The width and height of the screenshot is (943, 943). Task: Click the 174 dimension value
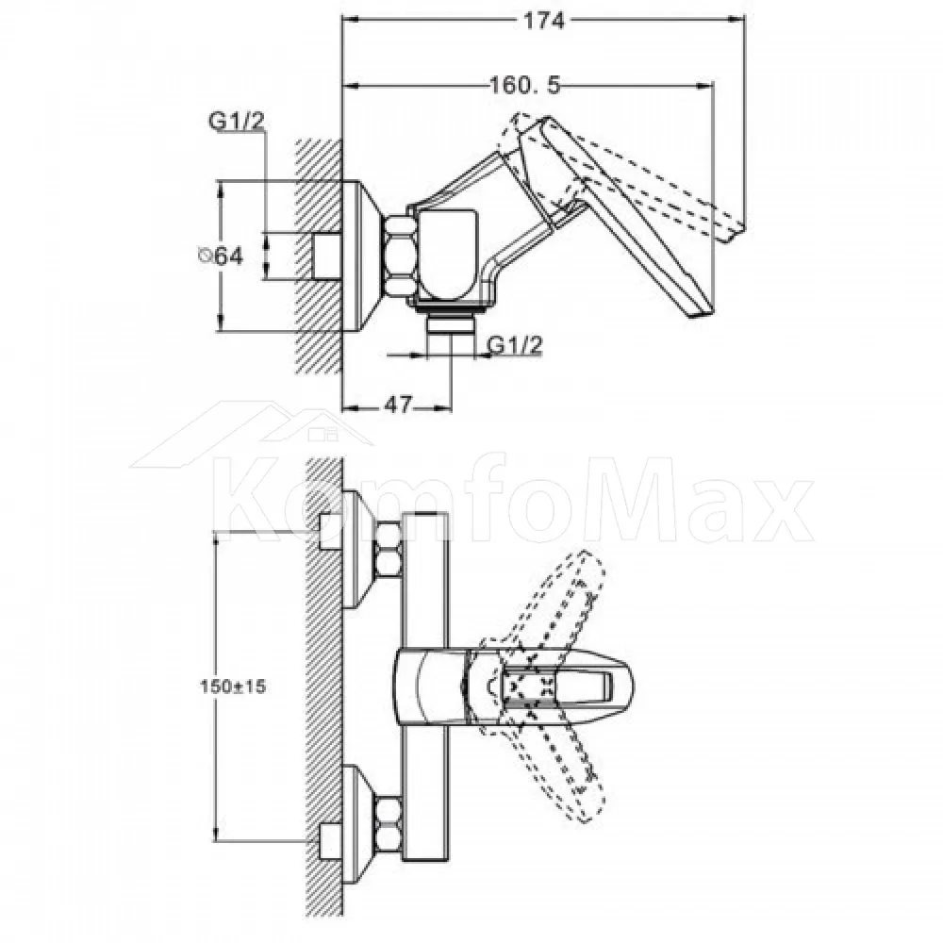[544, 21]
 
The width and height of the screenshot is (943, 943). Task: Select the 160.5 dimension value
[525, 86]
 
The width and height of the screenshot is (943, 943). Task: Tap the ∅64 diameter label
[221, 256]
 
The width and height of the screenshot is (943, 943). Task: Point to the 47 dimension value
[398, 405]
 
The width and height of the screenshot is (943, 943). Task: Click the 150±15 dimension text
[233, 687]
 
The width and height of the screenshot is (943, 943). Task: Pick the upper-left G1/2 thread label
[237, 122]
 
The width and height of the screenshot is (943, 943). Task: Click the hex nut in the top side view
[399, 256]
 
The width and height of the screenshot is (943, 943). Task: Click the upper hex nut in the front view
[388, 549]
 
